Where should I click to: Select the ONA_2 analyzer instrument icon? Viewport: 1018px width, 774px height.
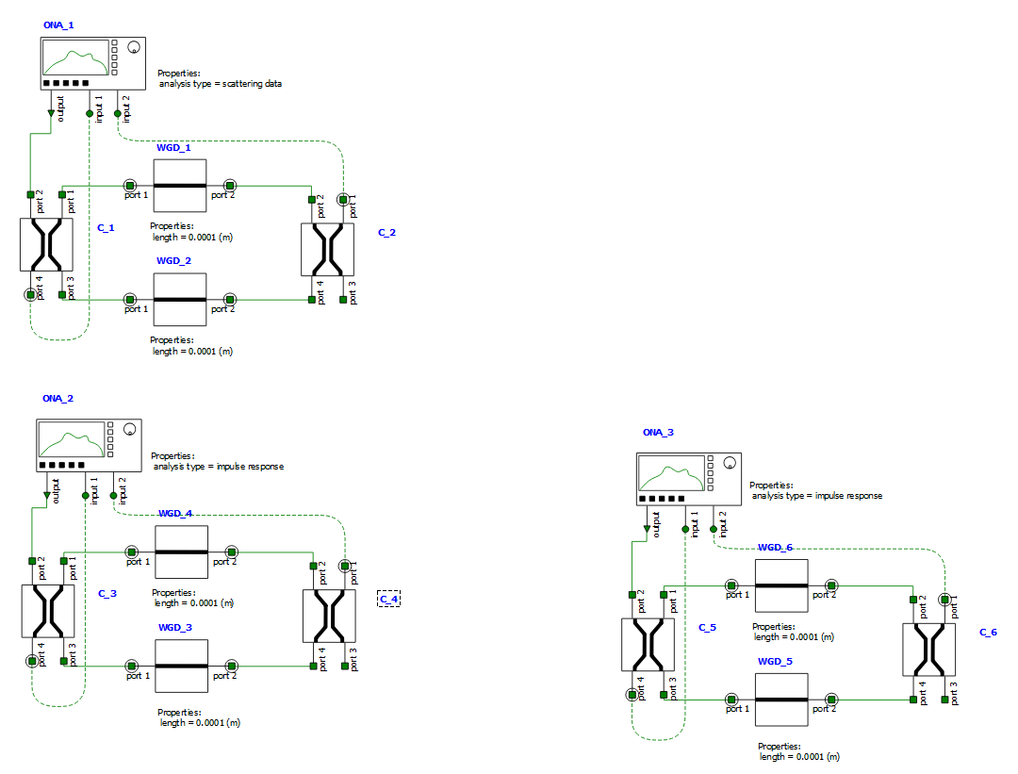click(88, 446)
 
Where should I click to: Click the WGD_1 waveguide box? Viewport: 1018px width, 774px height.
click(179, 185)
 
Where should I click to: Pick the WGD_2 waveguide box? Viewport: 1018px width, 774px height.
click(179, 300)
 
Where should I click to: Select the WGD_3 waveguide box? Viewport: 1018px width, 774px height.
click(181, 666)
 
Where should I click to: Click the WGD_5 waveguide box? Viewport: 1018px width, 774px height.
click(781, 700)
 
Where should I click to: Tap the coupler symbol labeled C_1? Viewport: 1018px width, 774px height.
click(46, 246)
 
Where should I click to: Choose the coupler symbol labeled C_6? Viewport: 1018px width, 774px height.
click(928, 650)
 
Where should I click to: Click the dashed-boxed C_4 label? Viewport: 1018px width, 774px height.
click(388, 599)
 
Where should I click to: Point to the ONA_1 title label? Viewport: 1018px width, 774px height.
click(58, 25)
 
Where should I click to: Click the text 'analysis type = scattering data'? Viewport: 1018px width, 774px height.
click(221, 84)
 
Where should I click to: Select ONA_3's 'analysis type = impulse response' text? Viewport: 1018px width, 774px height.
click(816, 496)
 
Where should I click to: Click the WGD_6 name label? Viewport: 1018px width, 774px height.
click(776, 548)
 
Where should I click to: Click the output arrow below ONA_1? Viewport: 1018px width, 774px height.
click(51, 113)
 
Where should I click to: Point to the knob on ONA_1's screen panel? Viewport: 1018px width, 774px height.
click(134, 47)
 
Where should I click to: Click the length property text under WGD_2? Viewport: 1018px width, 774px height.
click(192, 352)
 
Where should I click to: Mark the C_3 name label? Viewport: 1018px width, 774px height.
click(107, 594)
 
